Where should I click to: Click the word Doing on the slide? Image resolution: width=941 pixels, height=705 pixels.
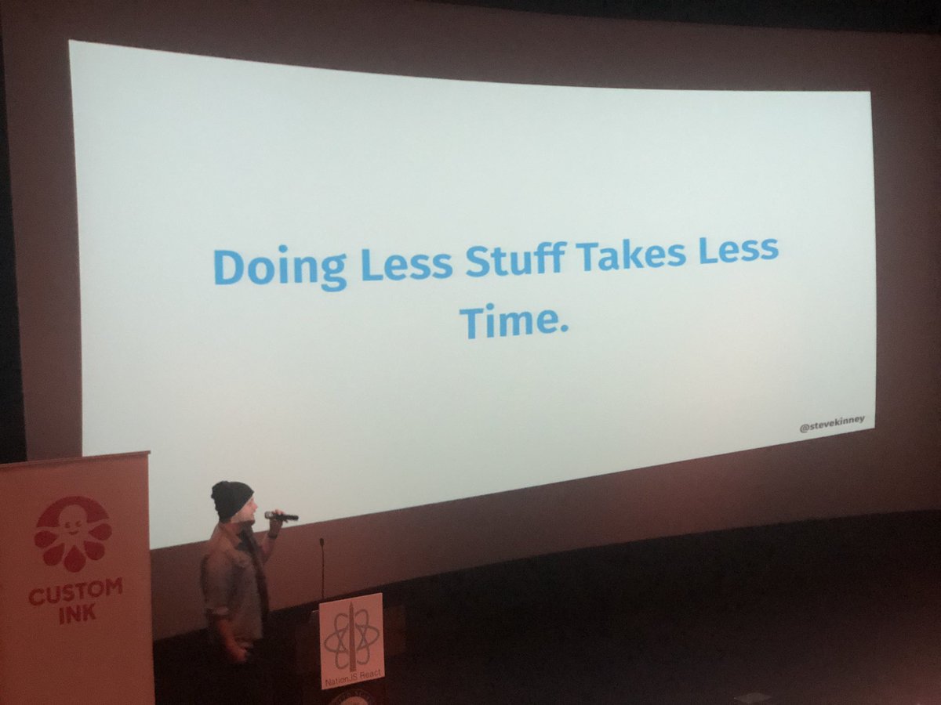click(x=279, y=269)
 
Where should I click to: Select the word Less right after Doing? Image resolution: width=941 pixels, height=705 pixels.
click(x=405, y=264)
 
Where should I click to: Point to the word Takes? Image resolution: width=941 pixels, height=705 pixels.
click(x=630, y=254)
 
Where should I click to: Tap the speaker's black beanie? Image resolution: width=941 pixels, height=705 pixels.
click(x=231, y=499)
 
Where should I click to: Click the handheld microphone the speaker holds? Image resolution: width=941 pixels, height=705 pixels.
click(x=282, y=515)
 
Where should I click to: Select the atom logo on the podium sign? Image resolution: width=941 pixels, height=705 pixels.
click(x=351, y=634)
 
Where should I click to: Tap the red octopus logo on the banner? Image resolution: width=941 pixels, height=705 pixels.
click(x=72, y=533)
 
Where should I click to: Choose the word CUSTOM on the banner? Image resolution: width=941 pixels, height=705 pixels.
click(x=75, y=590)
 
